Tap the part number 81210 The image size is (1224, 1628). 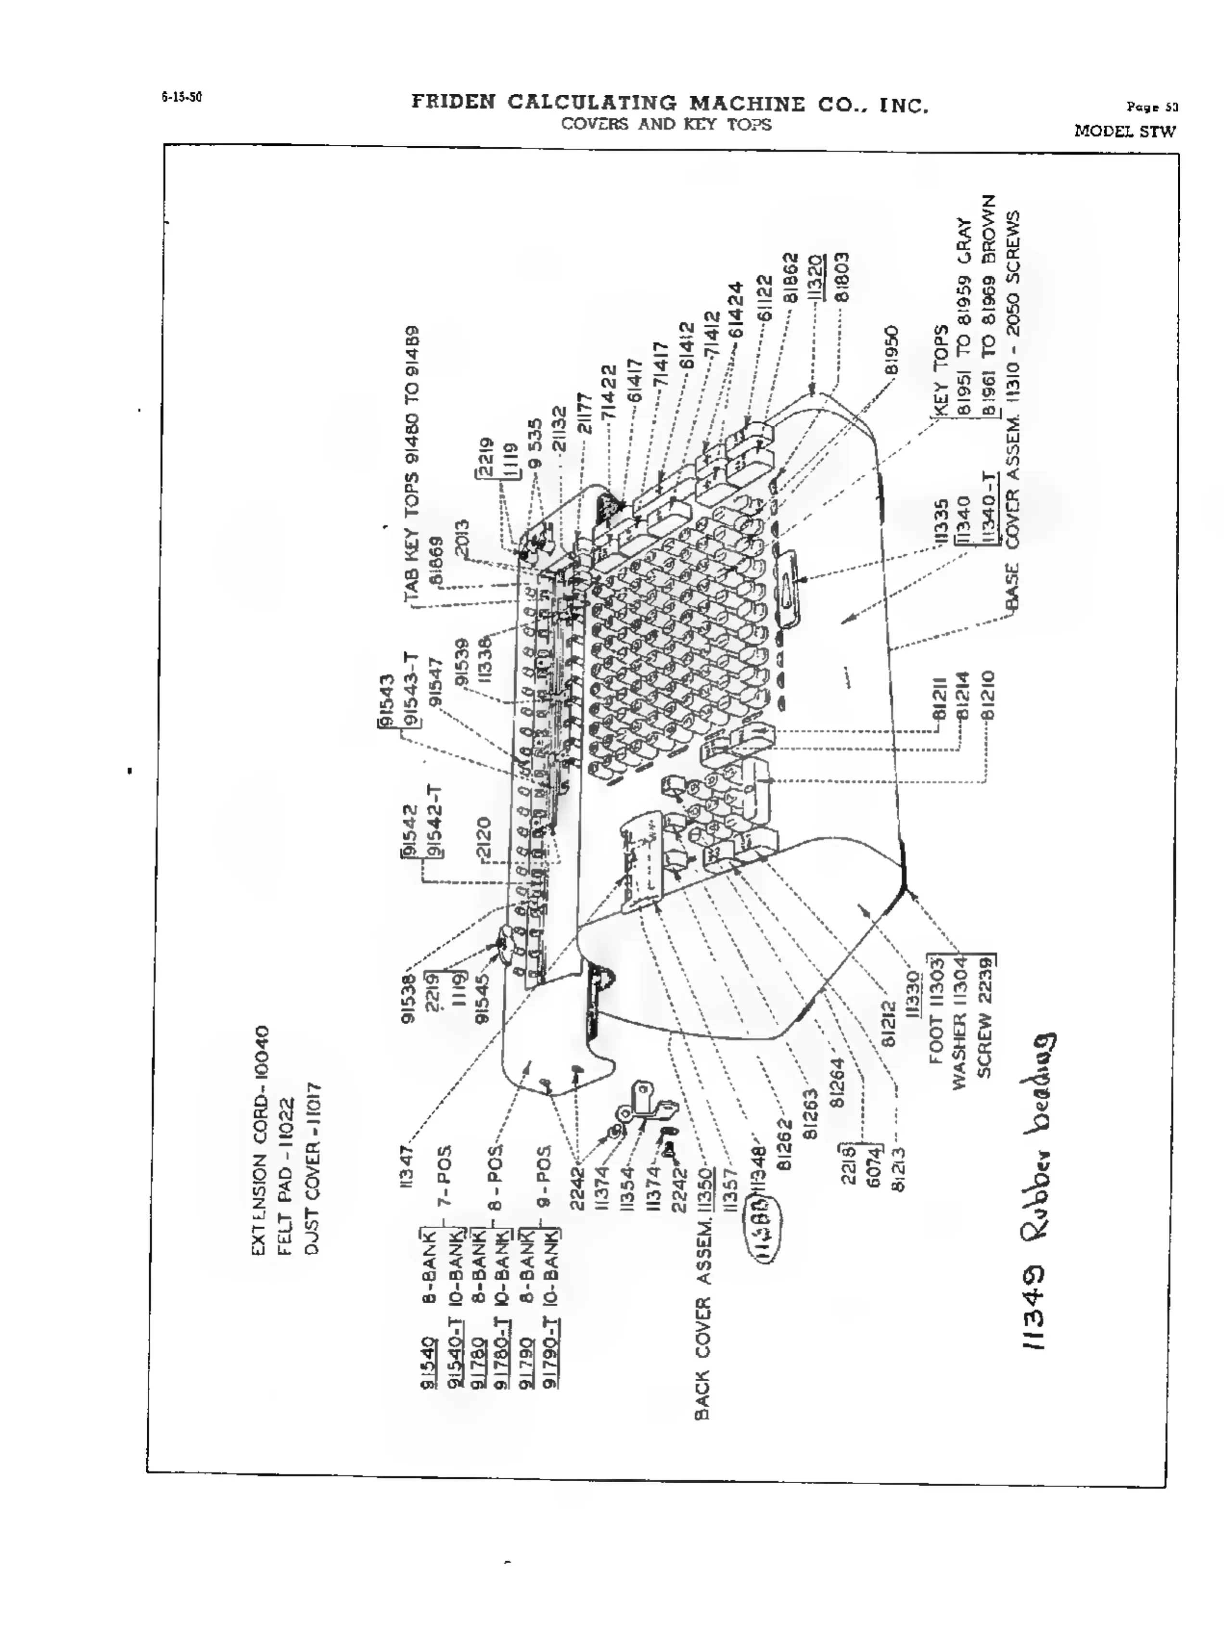coord(988,695)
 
